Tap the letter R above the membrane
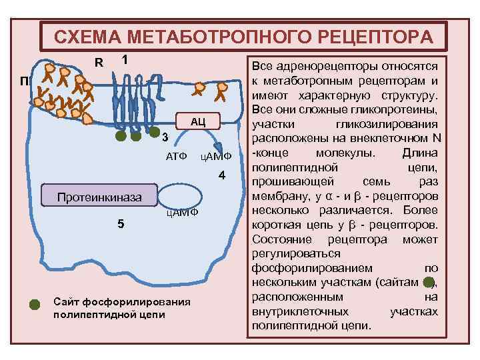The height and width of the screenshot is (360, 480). [x=98, y=63]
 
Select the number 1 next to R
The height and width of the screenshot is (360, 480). [x=124, y=59]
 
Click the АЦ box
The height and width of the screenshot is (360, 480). [x=197, y=121]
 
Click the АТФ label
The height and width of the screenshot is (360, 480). [x=176, y=156]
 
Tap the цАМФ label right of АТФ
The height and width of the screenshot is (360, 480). [x=215, y=156]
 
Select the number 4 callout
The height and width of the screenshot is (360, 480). [x=223, y=175]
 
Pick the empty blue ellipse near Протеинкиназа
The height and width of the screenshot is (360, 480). [x=179, y=195]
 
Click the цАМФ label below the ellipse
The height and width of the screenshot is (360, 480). [x=182, y=213]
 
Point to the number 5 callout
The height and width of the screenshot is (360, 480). [x=120, y=223]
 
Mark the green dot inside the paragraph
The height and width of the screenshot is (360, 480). [x=430, y=282]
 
